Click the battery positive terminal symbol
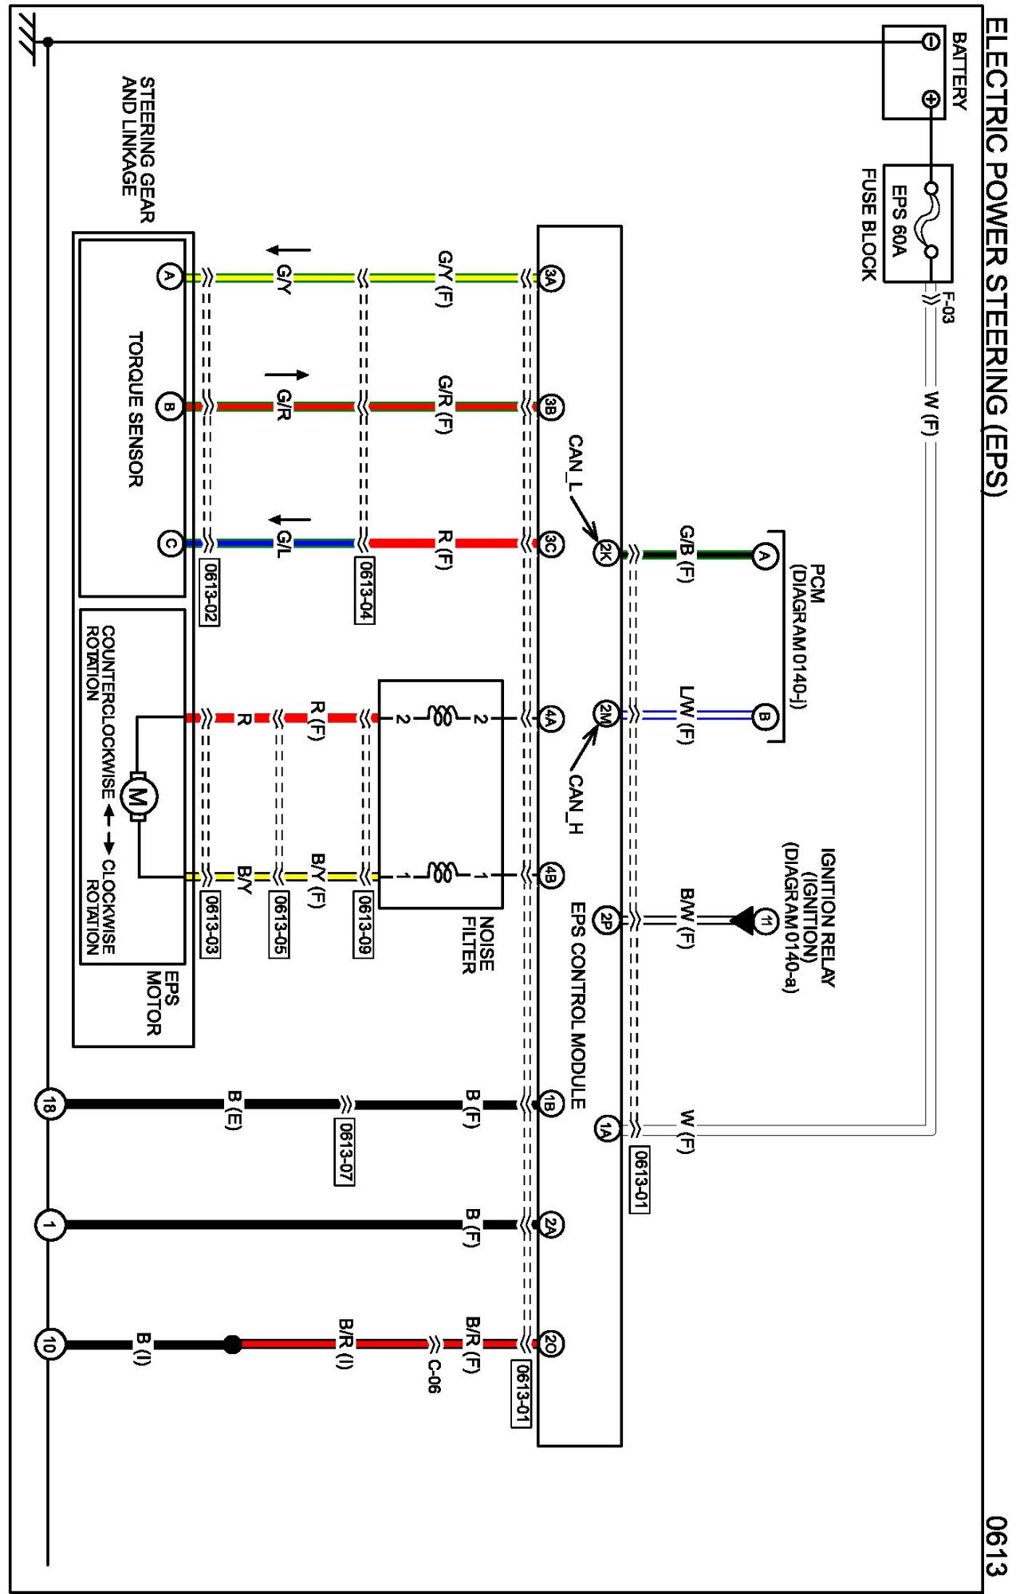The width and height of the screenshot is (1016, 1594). [x=930, y=99]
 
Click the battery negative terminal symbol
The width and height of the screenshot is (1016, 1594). [x=930, y=41]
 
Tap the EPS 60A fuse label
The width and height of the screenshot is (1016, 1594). [x=899, y=222]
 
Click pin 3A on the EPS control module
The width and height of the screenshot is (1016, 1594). [x=550, y=277]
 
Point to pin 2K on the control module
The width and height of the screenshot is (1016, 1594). [x=606, y=552]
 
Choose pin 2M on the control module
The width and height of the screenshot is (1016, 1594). [x=606, y=713]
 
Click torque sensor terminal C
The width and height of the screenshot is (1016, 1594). [x=169, y=544]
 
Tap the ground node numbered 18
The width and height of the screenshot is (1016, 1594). [x=49, y=1105]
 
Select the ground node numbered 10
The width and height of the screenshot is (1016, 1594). [x=49, y=1345]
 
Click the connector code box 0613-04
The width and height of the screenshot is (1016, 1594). [x=364, y=591]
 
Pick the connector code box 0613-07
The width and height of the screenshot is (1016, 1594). [x=344, y=1152]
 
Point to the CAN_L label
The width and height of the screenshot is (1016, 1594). [x=574, y=462]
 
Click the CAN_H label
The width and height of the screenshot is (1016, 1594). [x=574, y=804]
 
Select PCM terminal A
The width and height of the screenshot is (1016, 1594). [x=764, y=556]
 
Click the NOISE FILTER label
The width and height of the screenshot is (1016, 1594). [x=478, y=944]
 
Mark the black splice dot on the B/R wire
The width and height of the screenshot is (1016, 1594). [x=232, y=1345]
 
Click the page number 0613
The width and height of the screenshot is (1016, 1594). [x=995, y=1546]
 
